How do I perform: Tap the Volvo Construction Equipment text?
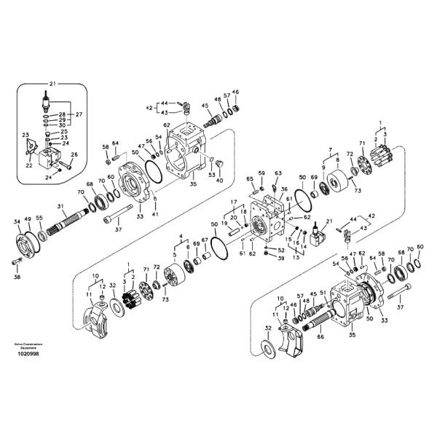pyautogui.click(x=28, y=346)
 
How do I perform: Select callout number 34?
pyautogui.click(x=17, y=221)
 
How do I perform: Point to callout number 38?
pyautogui.click(x=18, y=277)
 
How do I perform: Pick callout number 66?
pyautogui.click(x=320, y=337)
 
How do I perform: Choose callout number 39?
pyautogui.click(x=280, y=259)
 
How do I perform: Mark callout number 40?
pyautogui.click(x=219, y=180)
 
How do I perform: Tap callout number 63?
pyautogui.click(x=277, y=173)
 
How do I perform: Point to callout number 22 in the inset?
pyautogui.click(x=29, y=165)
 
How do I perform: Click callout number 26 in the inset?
pyautogui.click(x=74, y=154)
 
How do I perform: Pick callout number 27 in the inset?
pyautogui.click(x=79, y=114)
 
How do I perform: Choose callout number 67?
pyautogui.click(x=205, y=240)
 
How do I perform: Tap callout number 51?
pyautogui.click(x=323, y=291)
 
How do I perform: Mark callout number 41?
pyautogui.click(x=154, y=214)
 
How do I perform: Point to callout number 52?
pyautogui.click(x=280, y=250)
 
